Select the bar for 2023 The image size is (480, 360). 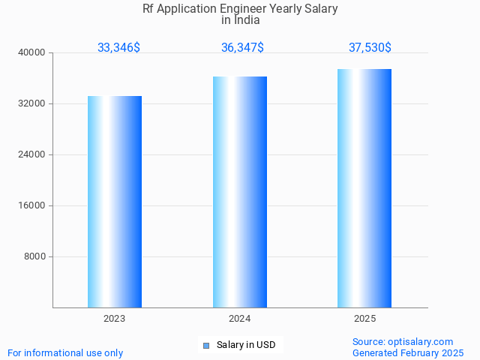coord(115,202)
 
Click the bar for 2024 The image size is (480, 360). coord(240,192)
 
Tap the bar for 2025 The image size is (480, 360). coord(364,188)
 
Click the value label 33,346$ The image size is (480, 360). coord(118,48)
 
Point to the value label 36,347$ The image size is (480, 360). coord(242,48)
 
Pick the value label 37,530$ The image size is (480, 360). coord(370,48)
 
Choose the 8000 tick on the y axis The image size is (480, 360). coord(35,256)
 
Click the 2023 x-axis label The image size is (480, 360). coord(115,319)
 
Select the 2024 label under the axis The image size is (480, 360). coord(240,319)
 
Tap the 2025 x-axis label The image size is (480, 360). coord(364,319)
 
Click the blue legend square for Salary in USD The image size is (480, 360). coord(205,346)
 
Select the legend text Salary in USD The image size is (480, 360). coord(246,345)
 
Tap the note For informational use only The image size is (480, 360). coord(65,352)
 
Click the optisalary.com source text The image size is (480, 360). coord(421,341)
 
